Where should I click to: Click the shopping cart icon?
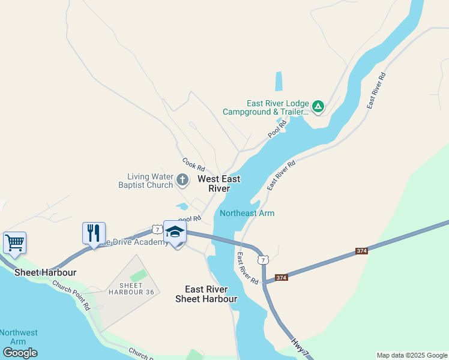(14, 243)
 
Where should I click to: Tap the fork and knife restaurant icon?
(94, 233)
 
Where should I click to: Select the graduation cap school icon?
(175, 232)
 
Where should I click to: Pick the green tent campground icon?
(318, 107)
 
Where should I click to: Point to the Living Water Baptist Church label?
(150, 181)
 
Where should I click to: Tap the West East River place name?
(218, 184)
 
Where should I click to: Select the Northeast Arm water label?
(247, 213)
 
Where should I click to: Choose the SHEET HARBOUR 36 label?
(131, 289)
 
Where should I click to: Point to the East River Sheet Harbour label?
(206, 294)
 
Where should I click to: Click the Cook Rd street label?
(193, 163)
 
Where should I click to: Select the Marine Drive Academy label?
(134, 242)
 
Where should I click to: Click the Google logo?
(20, 353)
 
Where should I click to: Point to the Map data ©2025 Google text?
(412, 355)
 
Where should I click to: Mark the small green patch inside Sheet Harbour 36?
(137, 275)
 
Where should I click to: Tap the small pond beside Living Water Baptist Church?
(182, 206)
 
